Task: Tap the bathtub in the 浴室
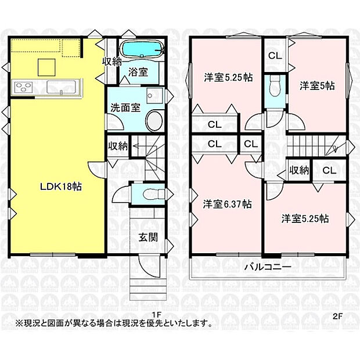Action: point(141,51)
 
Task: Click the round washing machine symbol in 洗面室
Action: point(154,121)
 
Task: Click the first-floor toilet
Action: point(149,193)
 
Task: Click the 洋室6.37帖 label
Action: point(226,204)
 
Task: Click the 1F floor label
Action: point(156,315)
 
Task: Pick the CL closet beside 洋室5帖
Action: point(275,56)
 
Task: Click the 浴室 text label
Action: point(138,72)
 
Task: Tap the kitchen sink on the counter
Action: point(60,88)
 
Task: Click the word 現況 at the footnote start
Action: point(30,322)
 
